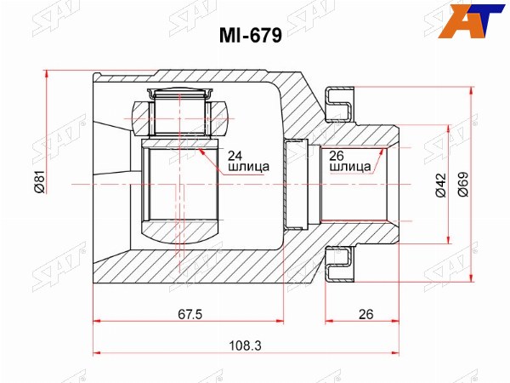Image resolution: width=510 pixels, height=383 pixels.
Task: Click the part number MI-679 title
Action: pos(250,35)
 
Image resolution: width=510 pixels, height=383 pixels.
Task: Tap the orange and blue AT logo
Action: pos(471,20)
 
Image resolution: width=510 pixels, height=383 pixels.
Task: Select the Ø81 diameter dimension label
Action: pos(40,181)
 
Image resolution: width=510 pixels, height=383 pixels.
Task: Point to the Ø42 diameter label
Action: pos(441,185)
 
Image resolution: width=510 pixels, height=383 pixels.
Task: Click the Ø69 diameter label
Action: pos(463,184)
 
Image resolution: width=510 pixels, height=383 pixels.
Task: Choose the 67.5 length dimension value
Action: pos(190,314)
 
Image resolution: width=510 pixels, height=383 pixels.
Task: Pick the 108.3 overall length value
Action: pos(245,346)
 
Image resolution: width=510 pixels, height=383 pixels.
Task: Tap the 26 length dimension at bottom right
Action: pos(365,314)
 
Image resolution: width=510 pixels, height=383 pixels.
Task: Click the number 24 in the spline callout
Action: pos(235,156)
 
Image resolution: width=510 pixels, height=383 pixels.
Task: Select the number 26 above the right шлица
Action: pos(337,156)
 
